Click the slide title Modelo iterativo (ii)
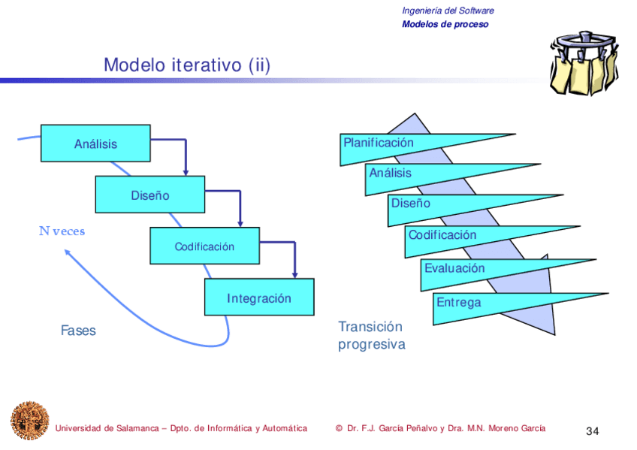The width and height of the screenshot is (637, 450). (186, 65)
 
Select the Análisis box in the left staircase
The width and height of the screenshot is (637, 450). (95, 143)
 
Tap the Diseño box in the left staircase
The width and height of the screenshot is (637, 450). (150, 195)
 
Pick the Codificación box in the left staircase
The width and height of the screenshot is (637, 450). (204, 246)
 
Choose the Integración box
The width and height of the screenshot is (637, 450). (259, 298)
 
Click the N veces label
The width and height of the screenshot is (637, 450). (62, 231)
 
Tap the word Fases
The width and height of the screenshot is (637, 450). (78, 331)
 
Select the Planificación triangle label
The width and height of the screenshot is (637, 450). (379, 143)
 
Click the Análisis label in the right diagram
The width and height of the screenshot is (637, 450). (391, 174)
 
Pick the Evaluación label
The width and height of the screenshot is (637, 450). (454, 268)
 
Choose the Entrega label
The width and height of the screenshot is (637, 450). (458, 303)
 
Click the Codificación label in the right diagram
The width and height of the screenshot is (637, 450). (442, 235)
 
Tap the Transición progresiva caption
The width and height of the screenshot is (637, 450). (371, 336)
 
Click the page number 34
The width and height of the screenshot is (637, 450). (592, 431)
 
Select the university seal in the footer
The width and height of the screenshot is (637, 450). (29, 419)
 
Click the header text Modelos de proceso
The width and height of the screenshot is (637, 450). (445, 24)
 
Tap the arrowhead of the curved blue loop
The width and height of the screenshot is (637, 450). (68, 254)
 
